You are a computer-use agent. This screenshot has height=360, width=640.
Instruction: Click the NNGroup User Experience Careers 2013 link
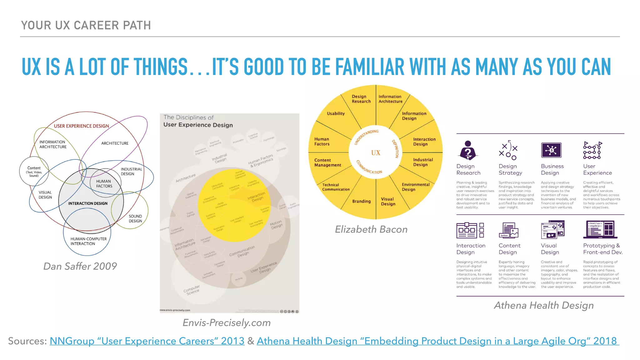(147, 341)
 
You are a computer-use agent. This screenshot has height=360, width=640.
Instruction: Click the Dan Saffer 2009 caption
(80, 266)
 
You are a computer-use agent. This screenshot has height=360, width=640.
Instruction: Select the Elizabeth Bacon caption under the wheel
(371, 229)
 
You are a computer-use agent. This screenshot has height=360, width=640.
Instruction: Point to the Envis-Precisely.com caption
(227, 322)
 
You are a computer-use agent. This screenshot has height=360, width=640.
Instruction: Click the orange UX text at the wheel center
(376, 153)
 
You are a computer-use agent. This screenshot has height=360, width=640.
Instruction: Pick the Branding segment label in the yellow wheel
(361, 201)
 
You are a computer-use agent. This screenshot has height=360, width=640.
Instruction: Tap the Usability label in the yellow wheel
(336, 113)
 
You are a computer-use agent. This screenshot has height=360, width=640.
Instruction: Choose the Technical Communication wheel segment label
(336, 187)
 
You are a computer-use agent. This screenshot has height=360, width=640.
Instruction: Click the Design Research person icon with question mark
(467, 150)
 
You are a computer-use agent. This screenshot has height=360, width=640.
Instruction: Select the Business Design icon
(551, 150)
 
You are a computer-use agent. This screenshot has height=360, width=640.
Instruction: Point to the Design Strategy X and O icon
(508, 150)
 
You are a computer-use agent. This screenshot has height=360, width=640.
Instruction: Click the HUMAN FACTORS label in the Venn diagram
(104, 183)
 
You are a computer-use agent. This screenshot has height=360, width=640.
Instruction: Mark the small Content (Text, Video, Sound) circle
(34, 171)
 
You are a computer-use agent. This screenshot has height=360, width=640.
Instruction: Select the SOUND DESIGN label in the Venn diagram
(135, 218)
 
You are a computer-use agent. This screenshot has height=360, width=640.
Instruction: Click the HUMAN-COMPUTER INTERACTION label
(88, 241)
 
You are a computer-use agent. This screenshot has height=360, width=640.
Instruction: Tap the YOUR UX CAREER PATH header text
(86, 25)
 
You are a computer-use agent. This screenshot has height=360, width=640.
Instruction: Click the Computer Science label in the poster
(192, 290)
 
